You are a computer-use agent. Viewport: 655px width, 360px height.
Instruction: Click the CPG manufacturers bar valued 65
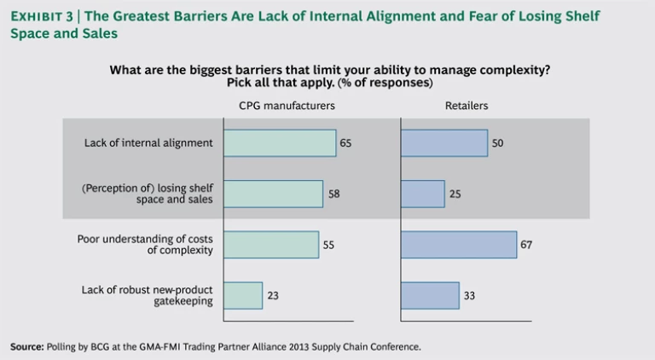tap(280, 142)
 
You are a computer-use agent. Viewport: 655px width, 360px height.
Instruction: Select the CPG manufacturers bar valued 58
tap(273, 194)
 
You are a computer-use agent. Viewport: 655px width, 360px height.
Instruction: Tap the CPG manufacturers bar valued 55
tap(271, 245)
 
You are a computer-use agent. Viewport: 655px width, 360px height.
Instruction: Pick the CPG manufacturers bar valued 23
tap(243, 295)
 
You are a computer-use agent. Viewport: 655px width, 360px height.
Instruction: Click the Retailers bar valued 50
tap(443, 142)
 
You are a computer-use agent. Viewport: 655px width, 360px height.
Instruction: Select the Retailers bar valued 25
tap(423, 194)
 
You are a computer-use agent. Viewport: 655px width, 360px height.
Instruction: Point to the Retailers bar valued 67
tap(458, 245)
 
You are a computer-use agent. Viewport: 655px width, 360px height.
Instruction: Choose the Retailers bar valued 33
tap(430, 295)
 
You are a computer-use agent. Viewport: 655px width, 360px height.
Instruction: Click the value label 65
tap(345, 143)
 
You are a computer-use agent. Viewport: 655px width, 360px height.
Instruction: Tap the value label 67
tap(526, 245)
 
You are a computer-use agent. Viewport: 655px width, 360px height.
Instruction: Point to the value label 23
tap(273, 296)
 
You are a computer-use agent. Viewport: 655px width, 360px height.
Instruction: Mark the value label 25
tap(455, 195)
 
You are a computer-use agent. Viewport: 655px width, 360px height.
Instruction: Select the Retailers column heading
tap(467, 106)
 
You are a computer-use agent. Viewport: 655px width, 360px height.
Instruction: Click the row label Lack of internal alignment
tap(148, 143)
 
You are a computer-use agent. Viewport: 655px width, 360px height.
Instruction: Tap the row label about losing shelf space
tap(148, 194)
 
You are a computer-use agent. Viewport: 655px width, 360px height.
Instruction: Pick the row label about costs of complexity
tap(145, 245)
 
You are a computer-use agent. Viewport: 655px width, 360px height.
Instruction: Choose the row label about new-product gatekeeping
tap(148, 295)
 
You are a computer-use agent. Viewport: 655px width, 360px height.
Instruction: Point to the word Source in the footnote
tap(26, 347)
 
